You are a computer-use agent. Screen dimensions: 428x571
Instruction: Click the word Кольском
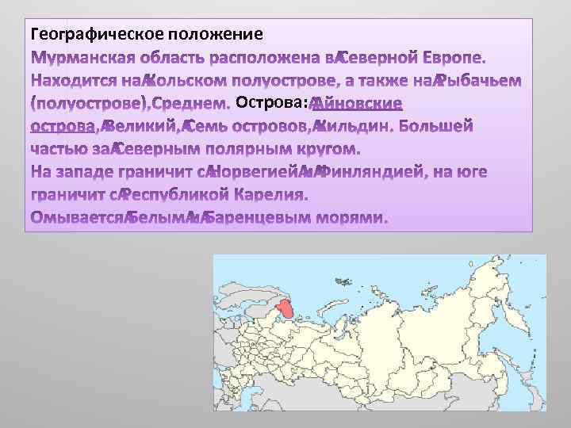[x=193, y=81]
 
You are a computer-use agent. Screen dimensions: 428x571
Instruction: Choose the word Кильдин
[x=354, y=126]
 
